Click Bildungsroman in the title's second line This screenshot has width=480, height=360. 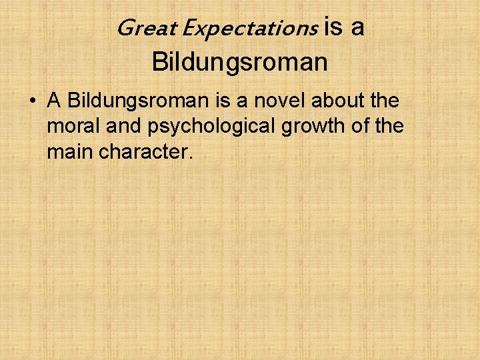point(240,62)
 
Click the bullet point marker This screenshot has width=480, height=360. point(32,101)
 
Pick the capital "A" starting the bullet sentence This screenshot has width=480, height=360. point(54,101)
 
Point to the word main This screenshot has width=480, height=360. point(70,153)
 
